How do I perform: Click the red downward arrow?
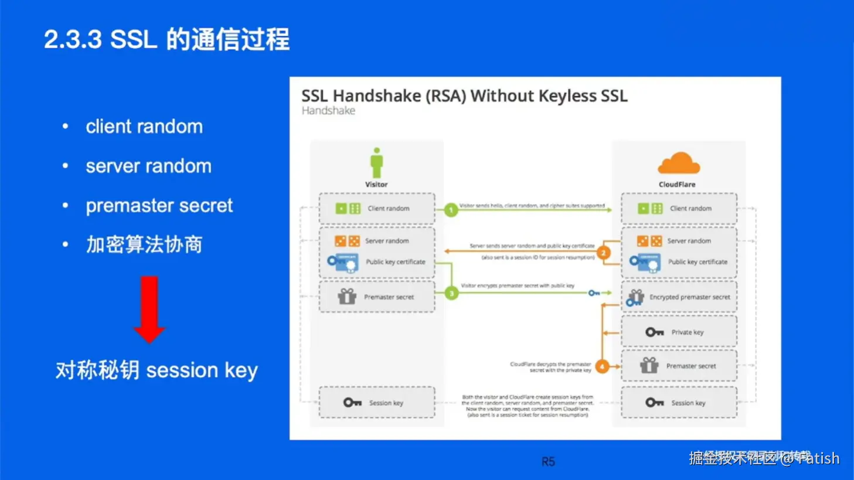pos(149,309)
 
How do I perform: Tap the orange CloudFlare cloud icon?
pos(678,164)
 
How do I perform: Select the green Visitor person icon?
pos(376,163)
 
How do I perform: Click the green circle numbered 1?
pos(451,209)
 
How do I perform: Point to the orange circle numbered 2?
pos(603,253)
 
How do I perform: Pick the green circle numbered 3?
pos(451,293)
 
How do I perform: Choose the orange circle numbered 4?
pos(602,366)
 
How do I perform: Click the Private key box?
pos(679,332)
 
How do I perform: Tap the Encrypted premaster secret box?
pos(679,297)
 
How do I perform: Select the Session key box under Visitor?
pos(377,403)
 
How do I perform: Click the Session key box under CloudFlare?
pos(679,403)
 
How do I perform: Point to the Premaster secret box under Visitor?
pos(377,297)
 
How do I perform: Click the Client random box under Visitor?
pos(377,209)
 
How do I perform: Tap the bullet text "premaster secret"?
pos(159,206)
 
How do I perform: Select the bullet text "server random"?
pos(148,166)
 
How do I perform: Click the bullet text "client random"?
pos(144,127)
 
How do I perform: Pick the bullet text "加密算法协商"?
pos(144,244)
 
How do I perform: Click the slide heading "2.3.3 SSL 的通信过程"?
pos(167,40)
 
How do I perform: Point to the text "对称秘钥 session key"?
pos(156,370)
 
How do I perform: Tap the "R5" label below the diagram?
pos(548,462)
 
